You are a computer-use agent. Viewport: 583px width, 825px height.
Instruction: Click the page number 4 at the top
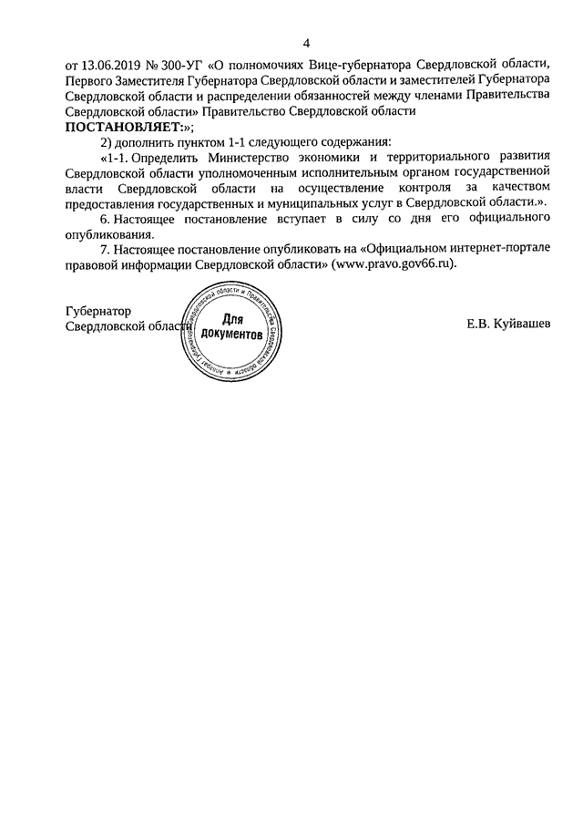pyautogui.click(x=306, y=44)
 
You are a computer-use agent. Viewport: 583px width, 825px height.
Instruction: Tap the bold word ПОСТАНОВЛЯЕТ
pyautogui.click(x=121, y=128)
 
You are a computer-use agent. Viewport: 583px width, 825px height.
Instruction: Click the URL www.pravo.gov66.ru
pyautogui.click(x=392, y=264)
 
